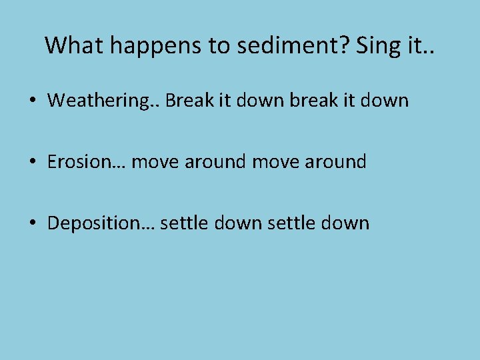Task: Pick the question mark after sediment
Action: (x=346, y=45)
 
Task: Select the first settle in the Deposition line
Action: (x=184, y=223)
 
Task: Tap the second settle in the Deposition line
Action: (x=290, y=223)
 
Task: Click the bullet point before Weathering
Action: (x=33, y=101)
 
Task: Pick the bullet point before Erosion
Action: (x=33, y=162)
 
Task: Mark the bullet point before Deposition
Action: (x=33, y=223)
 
